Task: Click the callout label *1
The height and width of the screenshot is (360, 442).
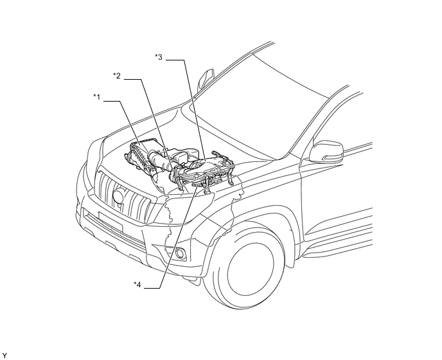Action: (x=96, y=97)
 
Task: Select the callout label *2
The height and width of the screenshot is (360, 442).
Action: (x=117, y=76)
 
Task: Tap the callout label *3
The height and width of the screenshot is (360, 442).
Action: (x=159, y=57)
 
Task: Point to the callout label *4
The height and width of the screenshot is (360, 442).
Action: (x=137, y=284)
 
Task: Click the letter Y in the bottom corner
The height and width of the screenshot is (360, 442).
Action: (x=4, y=355)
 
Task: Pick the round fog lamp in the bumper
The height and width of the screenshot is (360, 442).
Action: (x=180, y=253)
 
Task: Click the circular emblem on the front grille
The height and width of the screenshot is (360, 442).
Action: (x=118, y=196)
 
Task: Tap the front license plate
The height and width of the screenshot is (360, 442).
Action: (x=110, y=221)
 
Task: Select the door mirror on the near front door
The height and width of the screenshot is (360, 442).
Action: (x=326, y=152)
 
